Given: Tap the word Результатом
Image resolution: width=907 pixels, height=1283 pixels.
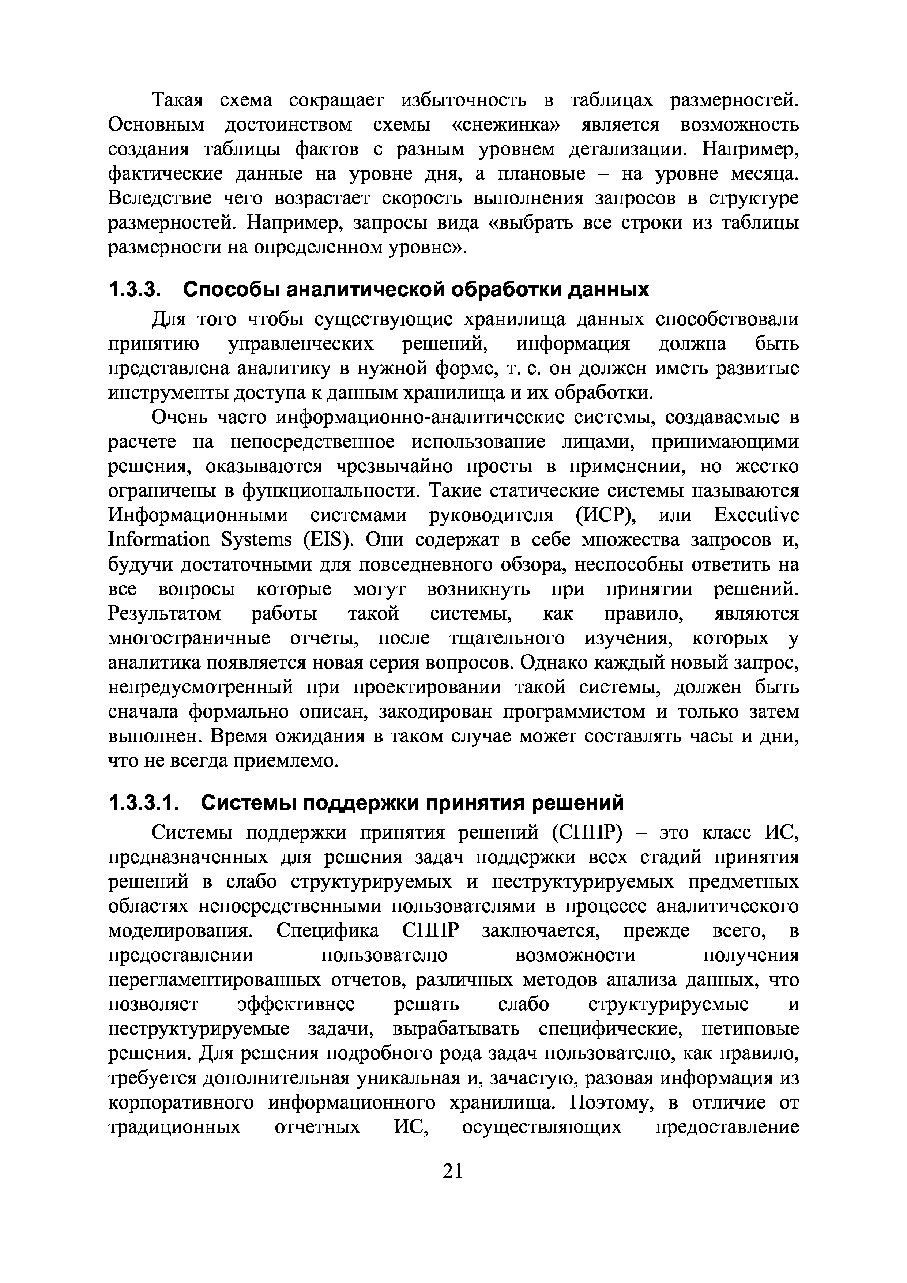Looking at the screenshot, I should [x=164, y=614].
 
